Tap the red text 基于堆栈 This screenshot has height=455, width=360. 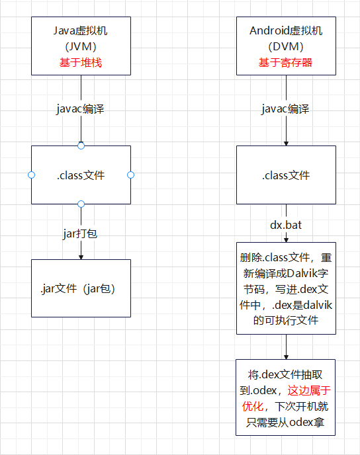pos(81,63)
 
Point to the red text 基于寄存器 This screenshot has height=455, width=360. pos(286,63)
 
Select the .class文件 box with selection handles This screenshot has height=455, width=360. pos(81,175)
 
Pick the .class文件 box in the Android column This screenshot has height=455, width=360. pos(286,175)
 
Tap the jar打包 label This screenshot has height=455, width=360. pos(81,233)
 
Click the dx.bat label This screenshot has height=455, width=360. pos(286,225)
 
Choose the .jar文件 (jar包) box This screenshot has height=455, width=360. pos(81,288)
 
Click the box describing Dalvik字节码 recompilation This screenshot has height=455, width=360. pos(286,288)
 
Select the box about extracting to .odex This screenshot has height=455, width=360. pos(286,397)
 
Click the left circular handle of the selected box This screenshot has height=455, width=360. pos(31,175)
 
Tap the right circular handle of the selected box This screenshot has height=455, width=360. pos(130,175)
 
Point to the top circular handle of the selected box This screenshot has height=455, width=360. pos(81,145)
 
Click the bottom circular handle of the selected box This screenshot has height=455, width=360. pos(81,204)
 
